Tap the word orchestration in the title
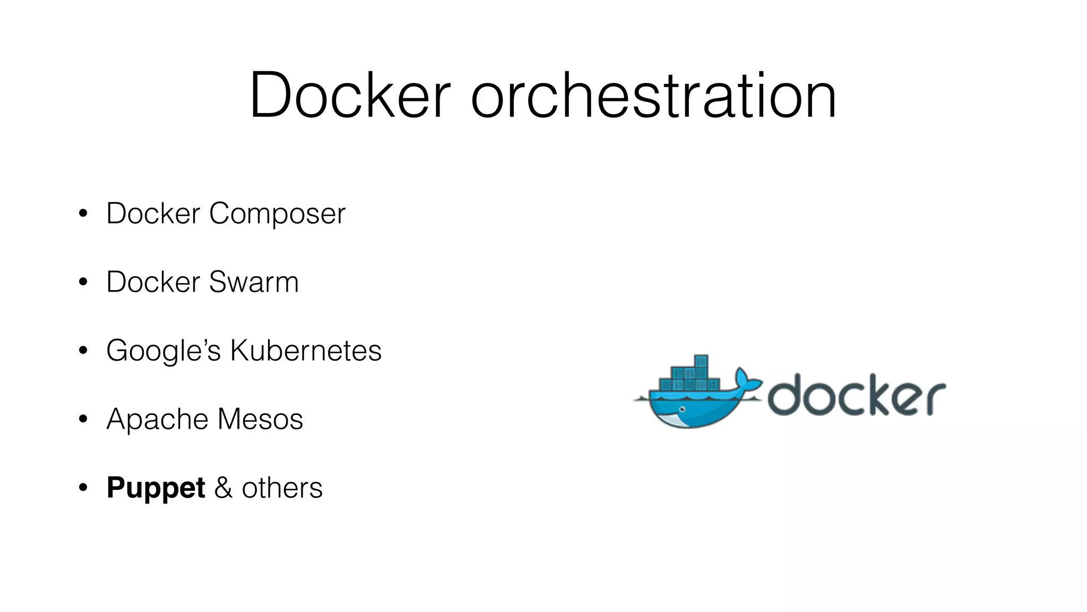[653, 96]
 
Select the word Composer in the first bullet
[277, 214]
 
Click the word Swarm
[254, 282]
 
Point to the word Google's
[163, 351]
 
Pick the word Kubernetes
[305, 351]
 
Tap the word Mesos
[260, 419]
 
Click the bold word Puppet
[156, 488]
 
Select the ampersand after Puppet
[223, 488]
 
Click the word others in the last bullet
[282, 488]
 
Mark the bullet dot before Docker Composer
[83, 214]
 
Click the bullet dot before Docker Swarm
[83, 282]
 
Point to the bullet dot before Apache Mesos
[83, 419]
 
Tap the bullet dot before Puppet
[83, 488]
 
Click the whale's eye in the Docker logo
[683, 409]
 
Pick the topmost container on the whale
[701, 362]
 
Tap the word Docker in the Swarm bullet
[153, 282]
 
